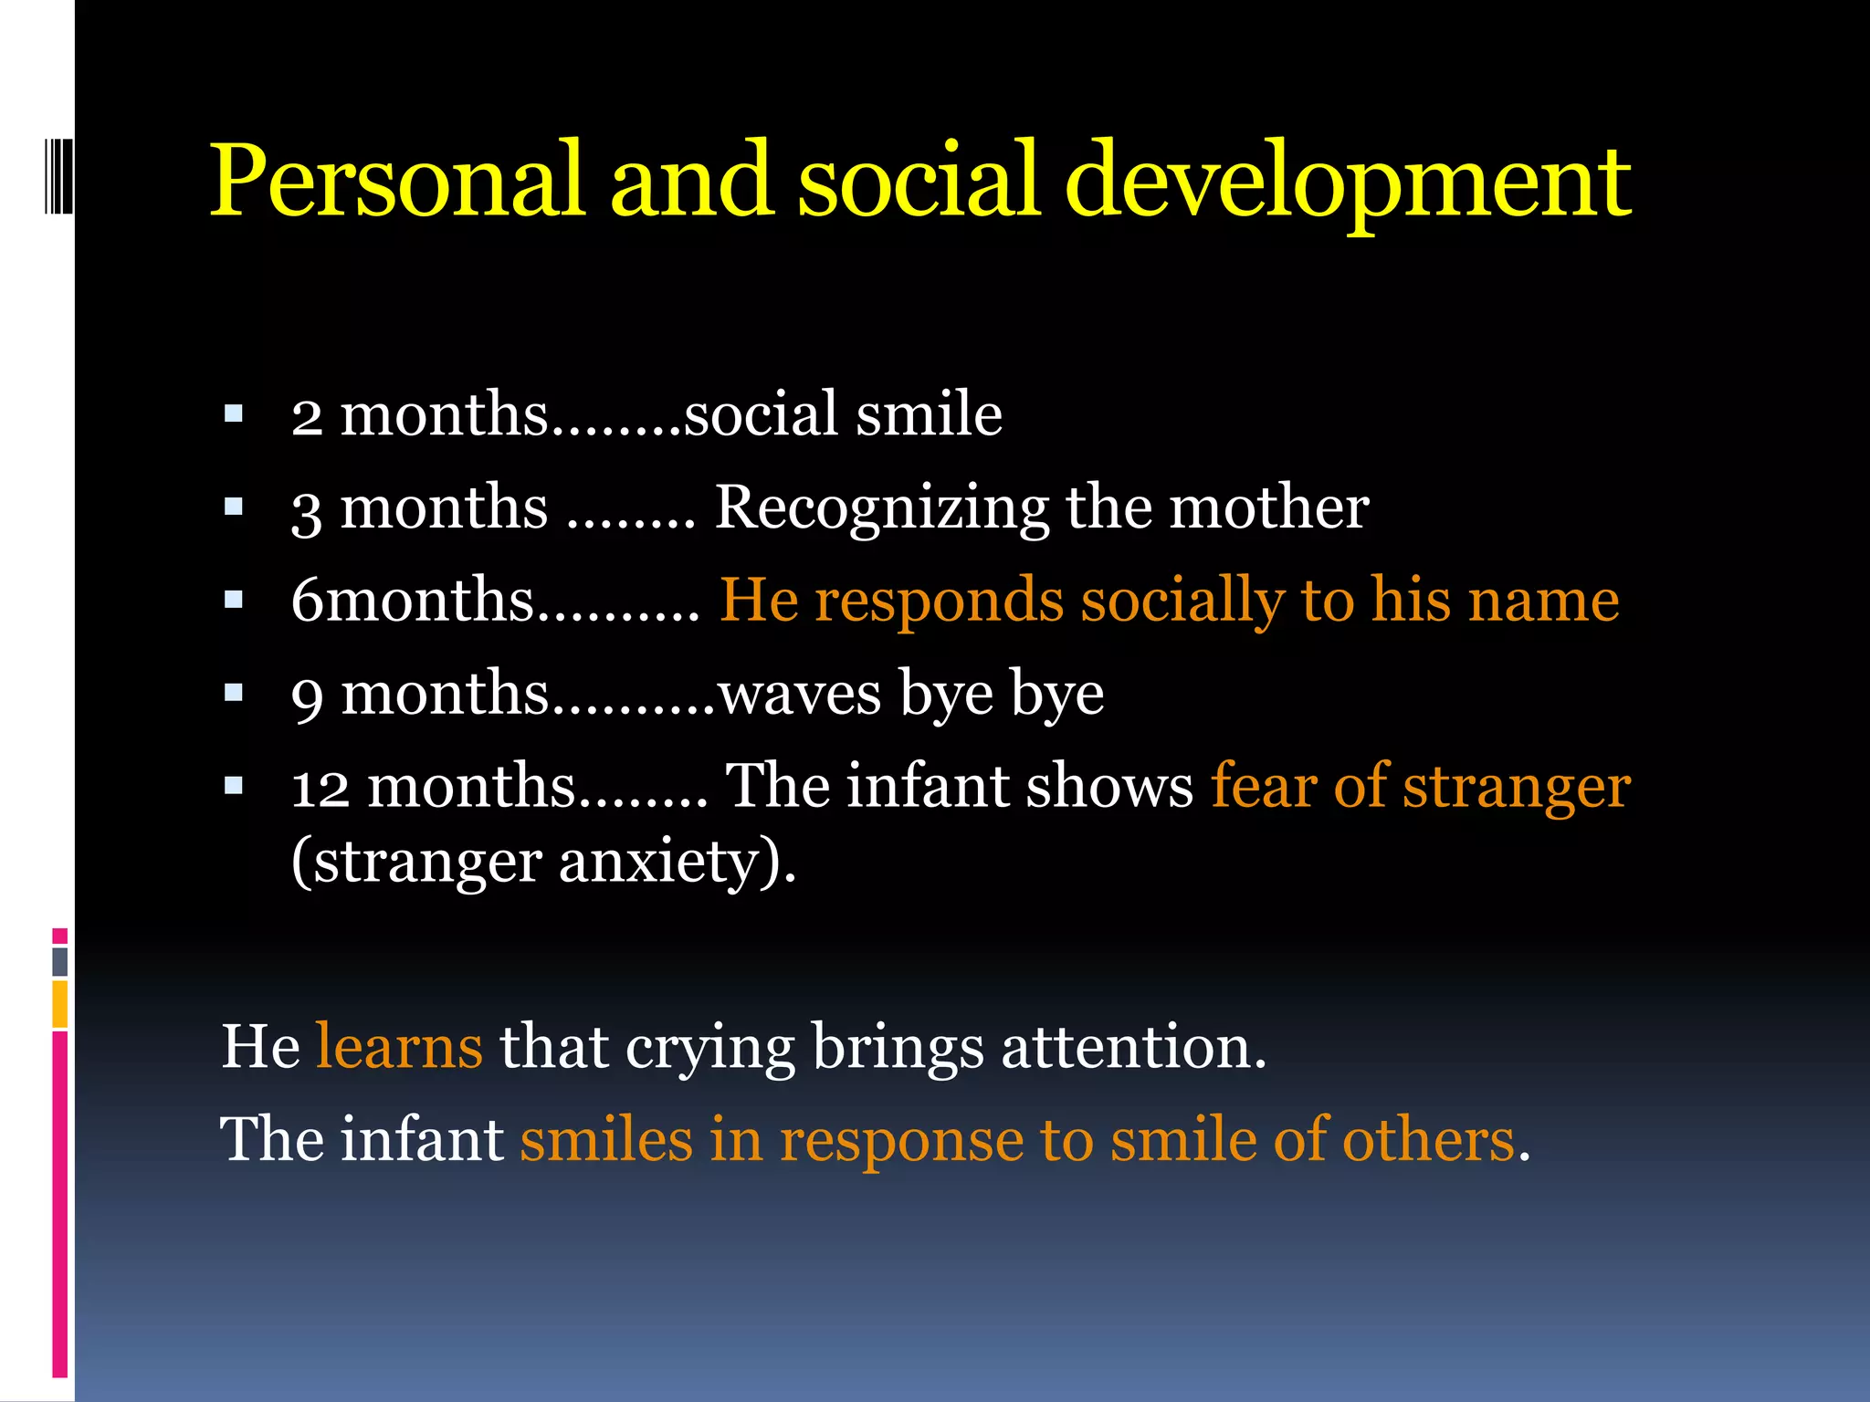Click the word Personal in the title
tap(396, 180)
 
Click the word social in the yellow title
tap(919, 180)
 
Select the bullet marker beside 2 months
tap(234, 415)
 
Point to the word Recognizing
tap(881, 508)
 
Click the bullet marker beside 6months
tap(234, 601)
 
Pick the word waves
tap(800, 695)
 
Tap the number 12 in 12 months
tap(320, 788)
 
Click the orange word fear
tap(1264, 787)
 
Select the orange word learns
tap(399, 1047)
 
